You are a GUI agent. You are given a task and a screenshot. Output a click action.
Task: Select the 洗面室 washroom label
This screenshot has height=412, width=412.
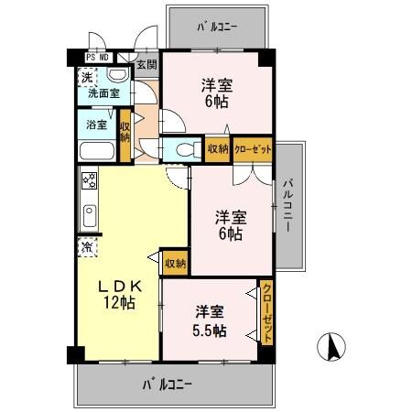click(104, 92)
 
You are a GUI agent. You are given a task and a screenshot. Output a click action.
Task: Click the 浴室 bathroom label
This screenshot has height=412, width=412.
click(96, 124)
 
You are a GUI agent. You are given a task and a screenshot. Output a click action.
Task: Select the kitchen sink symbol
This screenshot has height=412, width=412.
click(90, 216)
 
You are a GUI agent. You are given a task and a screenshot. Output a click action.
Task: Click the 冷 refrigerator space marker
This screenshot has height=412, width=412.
click(86, 245)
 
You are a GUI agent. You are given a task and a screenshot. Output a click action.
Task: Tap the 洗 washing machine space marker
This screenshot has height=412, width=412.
click(86, 77)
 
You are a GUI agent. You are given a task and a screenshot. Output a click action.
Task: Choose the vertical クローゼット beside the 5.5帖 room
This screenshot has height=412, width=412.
click(266, 313)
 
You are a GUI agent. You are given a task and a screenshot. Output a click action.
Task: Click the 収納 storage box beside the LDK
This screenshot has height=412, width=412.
click(174, 263)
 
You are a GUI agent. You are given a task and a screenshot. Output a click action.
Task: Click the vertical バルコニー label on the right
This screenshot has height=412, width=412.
click(289, 206)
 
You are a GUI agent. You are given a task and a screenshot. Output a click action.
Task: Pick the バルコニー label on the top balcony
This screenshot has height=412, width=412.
click(217, 27)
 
